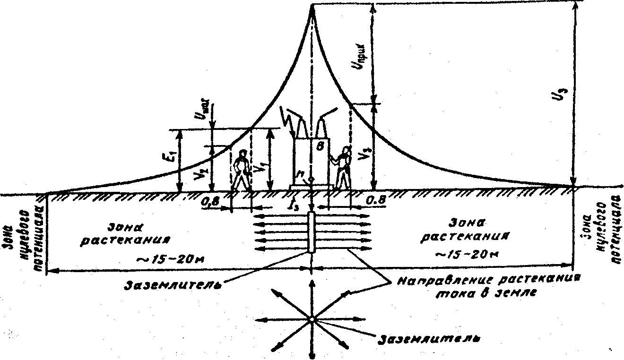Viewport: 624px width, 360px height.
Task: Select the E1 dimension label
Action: (x=172, y=156)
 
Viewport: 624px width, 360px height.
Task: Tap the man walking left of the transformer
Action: (x=242, y=171)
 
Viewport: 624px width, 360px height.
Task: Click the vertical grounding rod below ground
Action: (x=311, y=233)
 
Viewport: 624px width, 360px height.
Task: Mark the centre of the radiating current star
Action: (x=312, y=319)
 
